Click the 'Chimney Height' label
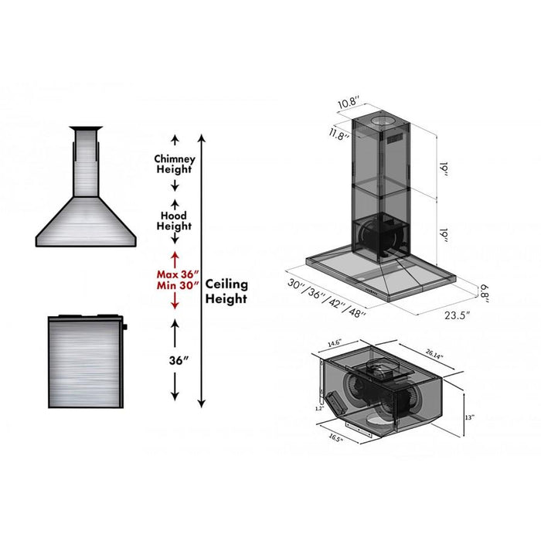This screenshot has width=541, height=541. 175,164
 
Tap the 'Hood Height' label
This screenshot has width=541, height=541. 175,221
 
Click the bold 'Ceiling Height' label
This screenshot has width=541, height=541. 226,291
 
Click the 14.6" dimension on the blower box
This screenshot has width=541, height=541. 335,342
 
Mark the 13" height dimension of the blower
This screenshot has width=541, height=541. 469,417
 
